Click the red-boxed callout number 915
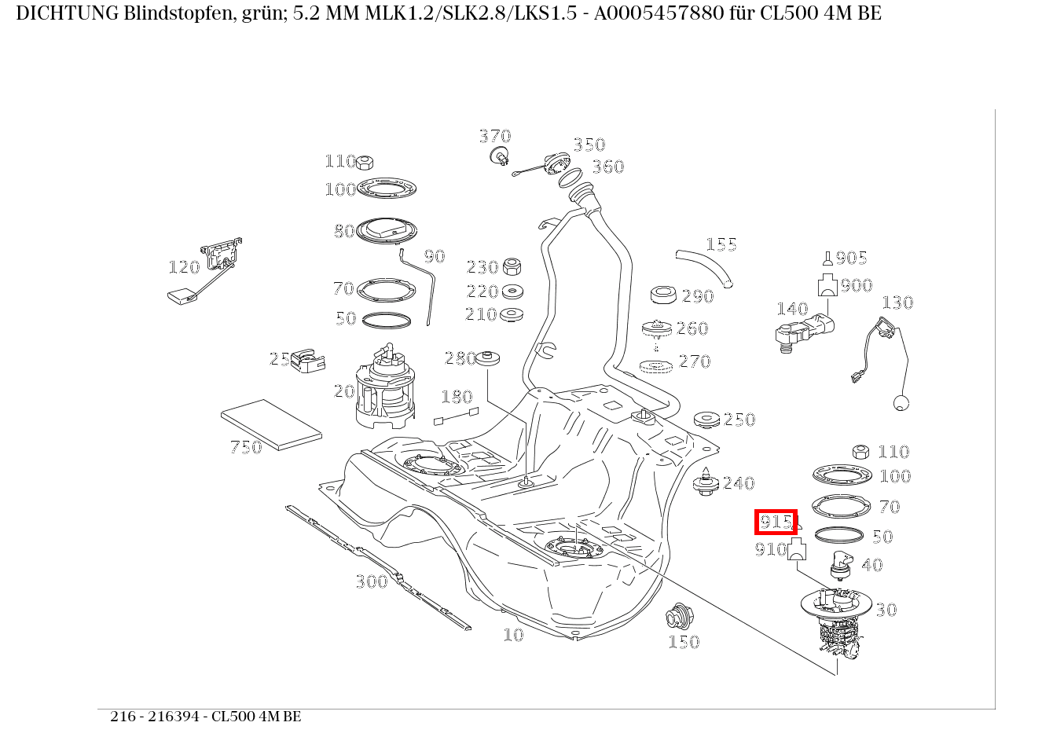(x=776, y=522)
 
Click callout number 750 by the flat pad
(x=245, y=448)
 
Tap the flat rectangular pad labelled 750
(x=271, y=423)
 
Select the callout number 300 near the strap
(x=372, y=581)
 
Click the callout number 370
(x=495, y=137)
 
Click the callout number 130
(x=897, y=302)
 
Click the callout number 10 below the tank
(x=513, y=635)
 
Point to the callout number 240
(x=739, y=483)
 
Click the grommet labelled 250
(x=707, y=420)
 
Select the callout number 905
(x=851, y=258)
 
